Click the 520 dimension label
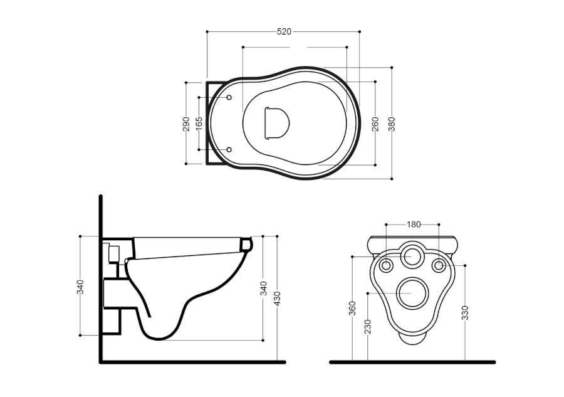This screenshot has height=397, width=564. click(x=283, y=31)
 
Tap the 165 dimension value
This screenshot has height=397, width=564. click(x=199, y=123)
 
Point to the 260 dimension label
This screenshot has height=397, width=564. click(x=375, y=123)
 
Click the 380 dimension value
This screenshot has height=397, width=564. click(x=392, y=123)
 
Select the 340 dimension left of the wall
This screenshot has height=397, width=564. click(x=80, y=287)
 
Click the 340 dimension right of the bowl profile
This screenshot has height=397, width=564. click(x=263, y=288)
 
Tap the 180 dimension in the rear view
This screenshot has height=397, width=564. click(x=413, y=224)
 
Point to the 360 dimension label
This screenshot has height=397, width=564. click(x=352, y=308)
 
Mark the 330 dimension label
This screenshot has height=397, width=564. click(x=466, y=312)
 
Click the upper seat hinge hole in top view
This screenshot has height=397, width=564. click(x=229, y=98)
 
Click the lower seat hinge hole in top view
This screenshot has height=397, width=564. click(x=229, y=149)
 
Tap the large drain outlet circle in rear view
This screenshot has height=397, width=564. click(x=412, y=293)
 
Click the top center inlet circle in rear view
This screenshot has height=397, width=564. click(x=412, y=256)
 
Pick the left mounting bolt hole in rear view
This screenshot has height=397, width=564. click(x=385, y=265)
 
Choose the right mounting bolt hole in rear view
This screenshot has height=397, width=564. click(x=439, y=265)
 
